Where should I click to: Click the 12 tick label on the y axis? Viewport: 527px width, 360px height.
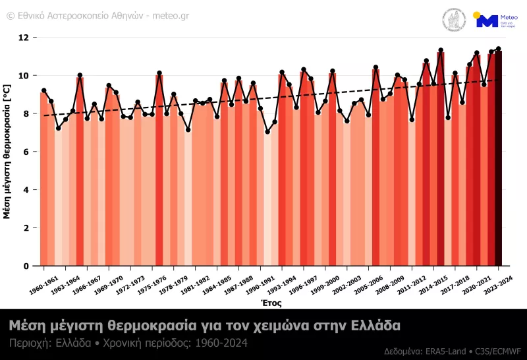point(25,38)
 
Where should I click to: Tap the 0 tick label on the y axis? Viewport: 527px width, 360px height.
point(27,266)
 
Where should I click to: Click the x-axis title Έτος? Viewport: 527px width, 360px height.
point(271,303)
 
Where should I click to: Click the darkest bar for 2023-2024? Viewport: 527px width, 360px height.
point(499,158)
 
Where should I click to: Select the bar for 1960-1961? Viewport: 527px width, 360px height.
point(43,178)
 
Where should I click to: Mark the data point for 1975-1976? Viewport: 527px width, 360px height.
point(159,73)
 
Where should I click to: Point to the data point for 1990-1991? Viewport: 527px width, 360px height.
point(267,132)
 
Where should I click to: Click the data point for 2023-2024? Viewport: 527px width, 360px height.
point(499,49)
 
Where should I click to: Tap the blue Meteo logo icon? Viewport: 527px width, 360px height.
point(487,20)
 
